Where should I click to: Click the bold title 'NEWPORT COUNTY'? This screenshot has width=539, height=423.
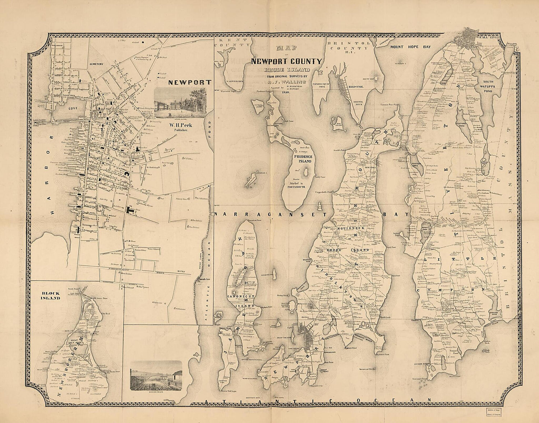click(286, 61)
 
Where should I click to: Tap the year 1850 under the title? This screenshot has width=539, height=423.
click(286, 92)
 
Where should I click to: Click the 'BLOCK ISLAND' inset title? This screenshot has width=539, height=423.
click(50, 295)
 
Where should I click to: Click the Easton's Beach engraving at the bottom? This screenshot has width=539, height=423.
click(156, 375)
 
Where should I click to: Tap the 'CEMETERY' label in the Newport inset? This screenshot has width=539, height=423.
click(95, 64)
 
